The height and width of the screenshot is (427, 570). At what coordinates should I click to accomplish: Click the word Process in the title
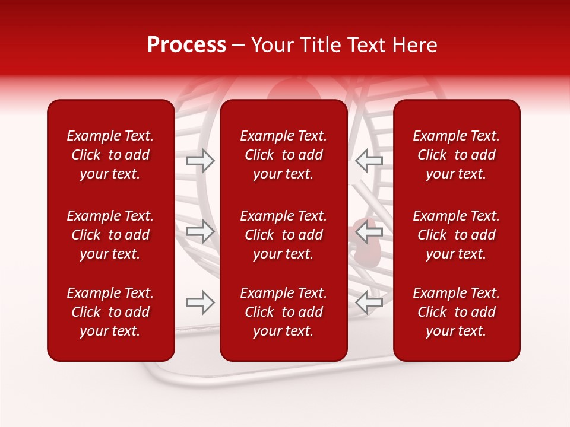[186, 45]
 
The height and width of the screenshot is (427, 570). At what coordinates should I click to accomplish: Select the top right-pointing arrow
[201, 161]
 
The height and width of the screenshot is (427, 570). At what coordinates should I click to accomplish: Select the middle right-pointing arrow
[201, 231]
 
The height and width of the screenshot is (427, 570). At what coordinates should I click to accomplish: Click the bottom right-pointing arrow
[201, 302]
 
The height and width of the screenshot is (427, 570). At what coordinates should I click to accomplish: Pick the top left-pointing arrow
[369, 161]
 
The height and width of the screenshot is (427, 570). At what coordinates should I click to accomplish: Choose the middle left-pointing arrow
[369, 231]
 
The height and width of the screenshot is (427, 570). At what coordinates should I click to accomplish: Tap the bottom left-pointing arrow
[369, 302]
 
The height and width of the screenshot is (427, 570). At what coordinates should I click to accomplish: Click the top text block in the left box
[110, 155]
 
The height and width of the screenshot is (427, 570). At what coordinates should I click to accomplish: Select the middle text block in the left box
[110, 235]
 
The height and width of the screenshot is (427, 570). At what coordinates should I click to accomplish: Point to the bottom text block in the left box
[110, 312]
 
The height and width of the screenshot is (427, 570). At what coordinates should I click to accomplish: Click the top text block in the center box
[283, 155]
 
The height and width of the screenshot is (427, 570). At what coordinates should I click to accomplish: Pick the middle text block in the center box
[283, 235]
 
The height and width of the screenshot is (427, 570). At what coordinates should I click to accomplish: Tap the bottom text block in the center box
[283, 312]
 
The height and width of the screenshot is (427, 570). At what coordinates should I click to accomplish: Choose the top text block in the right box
[456, 155]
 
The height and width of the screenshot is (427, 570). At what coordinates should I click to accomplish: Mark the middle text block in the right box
[456, 235]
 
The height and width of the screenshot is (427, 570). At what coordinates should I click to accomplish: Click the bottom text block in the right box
[456, 312]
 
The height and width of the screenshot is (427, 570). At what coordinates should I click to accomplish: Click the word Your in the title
[272, 45]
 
